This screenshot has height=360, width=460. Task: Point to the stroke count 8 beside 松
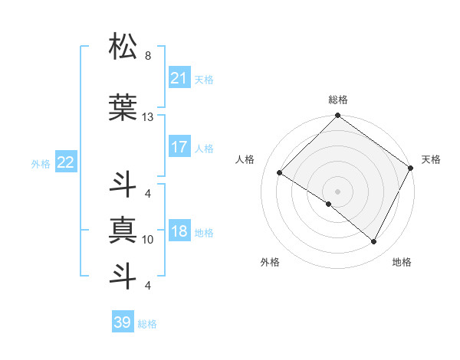[x=147, y=56]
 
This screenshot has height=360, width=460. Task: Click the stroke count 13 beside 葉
[x=148, y=117]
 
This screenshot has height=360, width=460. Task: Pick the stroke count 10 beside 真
[x=148, y=240]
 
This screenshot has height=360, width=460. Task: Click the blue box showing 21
[x=179, y=78]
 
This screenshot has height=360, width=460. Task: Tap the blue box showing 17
[x=179, y=147]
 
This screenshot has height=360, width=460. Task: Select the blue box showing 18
[x=179, y=232]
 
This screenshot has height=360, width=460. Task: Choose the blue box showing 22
[x=66, y=162]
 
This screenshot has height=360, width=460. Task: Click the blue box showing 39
[x=123, y=322]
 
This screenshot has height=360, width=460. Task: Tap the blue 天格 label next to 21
[x=204, y=79]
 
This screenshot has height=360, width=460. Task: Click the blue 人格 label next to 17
[x=204, y=148]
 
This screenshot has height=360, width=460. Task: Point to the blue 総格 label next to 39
[x=147, y=323]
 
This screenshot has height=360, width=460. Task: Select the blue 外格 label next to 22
[x=41, y=163]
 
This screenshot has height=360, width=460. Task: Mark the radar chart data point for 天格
[x=411, y=168]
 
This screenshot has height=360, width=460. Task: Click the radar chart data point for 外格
[x=329, y=205]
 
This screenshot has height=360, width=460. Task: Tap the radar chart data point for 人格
[x=280, y=173]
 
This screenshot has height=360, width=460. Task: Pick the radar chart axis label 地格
[x=402, y=263]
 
